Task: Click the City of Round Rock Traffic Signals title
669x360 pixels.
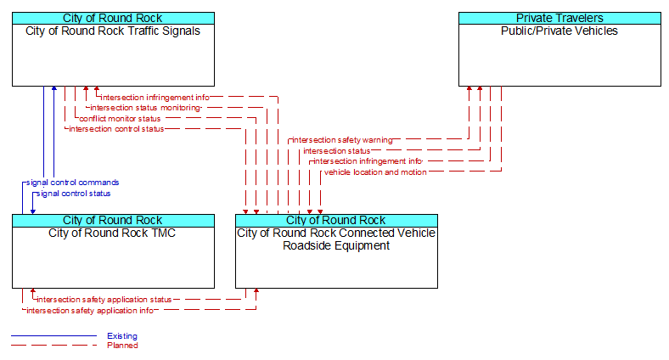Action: [x=113, y=31]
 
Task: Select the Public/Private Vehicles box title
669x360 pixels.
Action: [x=559, y=31]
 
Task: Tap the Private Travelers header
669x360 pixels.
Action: [x=559, y=18]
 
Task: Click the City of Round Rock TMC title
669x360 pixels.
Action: [x=112, y=233]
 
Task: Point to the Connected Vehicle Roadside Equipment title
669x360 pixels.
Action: [x=336, y=239]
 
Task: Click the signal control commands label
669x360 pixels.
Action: [x=72, y=183]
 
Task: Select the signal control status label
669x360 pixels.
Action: [x=73, y=194]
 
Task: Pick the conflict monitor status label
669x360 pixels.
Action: [x=120, y=119]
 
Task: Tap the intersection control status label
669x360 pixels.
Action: [x=116, y=129]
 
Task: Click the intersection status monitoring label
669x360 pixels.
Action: [x=145, y=108]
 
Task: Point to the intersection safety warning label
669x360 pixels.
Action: [x=342, y=140]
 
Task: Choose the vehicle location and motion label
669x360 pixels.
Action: [x=375, y=172]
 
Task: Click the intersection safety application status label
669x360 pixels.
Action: [x=104, y=300]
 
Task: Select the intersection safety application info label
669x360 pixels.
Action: [x=90, y=311]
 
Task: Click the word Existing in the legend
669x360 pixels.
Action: [x=122, y=336]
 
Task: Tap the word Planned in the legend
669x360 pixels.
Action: [x=122, y=346]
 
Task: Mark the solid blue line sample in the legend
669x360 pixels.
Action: [x=53, y=336]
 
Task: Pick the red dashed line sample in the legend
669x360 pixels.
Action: [x=53, y=346]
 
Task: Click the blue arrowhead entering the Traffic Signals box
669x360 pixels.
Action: [x=53, y=88]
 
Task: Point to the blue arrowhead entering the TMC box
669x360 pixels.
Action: [x=33, y=211]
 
